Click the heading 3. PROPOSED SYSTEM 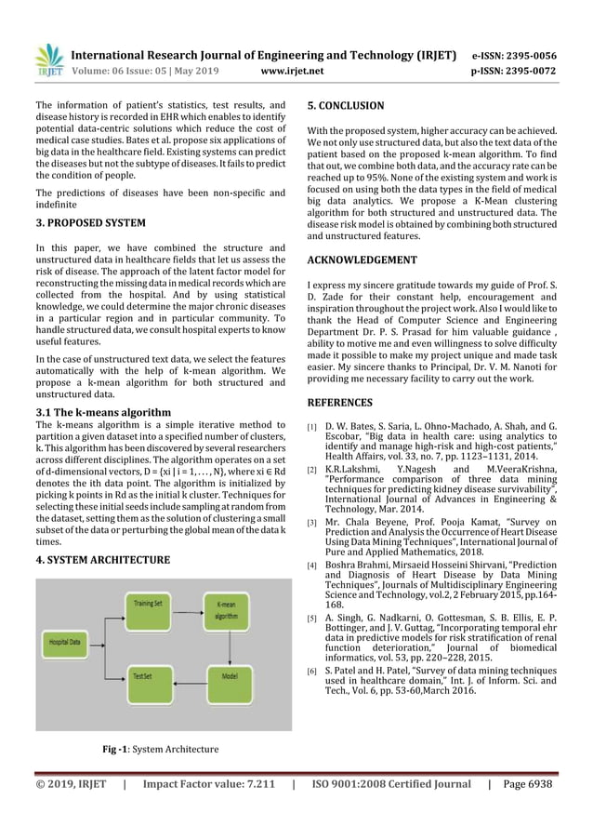pyautogui.click(x=90, y=223)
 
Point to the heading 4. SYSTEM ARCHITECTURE pyautogui.click(x=102, y=560)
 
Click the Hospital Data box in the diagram pyautogui.click(x=65, y=641)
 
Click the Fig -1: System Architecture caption pyautogui.click(x=154, y=749)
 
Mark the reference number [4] pyautogui.click(x=311, y=566)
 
